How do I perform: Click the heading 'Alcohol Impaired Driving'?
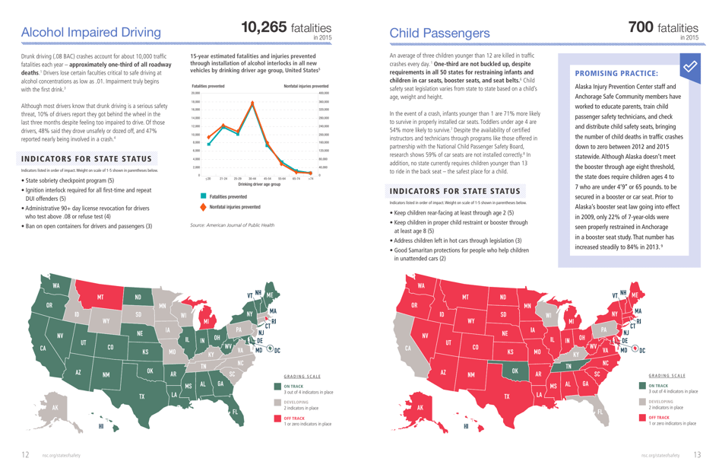91,33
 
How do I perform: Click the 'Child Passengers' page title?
439,33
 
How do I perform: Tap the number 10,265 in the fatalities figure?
263,27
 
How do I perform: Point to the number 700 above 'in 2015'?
641,27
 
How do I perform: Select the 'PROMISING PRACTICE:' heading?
616,74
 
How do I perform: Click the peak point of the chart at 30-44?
252,103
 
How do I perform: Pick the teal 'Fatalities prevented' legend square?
203,196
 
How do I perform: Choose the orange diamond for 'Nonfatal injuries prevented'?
203,206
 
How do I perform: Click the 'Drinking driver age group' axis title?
258,185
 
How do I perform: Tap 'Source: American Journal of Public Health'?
233,225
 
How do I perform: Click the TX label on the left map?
141,396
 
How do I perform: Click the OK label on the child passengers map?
515,371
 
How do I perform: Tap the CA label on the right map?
408,349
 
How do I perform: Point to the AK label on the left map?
54,407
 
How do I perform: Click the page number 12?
25,455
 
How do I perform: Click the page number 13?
697,455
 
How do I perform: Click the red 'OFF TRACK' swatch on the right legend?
642,419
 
